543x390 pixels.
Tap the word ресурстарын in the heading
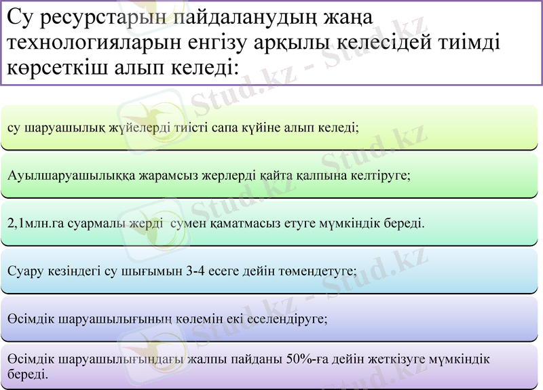95,18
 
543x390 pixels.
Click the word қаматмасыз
250,222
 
